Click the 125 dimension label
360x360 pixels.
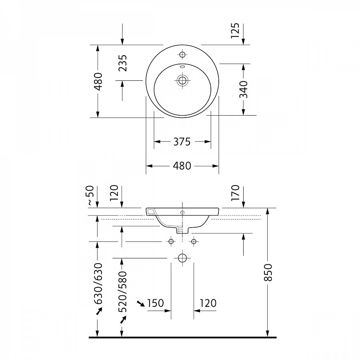235,30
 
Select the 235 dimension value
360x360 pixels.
122,63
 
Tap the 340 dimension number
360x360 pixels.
244,89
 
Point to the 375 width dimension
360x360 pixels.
182,142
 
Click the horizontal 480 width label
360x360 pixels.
182,166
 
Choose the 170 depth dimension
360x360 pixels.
235,193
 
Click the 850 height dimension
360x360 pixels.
268,272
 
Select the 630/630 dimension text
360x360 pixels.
98,283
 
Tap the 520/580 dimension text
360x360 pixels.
122,292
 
